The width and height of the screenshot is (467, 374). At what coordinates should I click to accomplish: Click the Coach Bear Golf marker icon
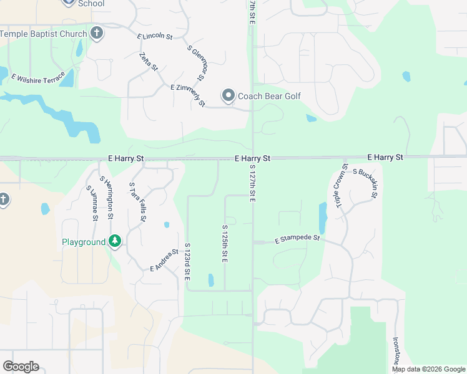pos(229,96)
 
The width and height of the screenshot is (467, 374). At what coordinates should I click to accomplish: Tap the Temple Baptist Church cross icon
pos(96,33)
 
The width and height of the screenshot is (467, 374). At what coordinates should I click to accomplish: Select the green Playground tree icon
pos(114,241)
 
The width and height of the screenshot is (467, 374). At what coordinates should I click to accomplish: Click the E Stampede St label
pos(297,239)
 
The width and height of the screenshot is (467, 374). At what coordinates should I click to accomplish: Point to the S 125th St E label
pos(224,244)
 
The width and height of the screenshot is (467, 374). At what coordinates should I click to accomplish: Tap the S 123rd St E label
pos(187,261)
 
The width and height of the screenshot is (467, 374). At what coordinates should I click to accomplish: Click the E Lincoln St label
pos(155,36)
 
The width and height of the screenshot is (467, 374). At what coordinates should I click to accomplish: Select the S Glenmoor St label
pos(195,62)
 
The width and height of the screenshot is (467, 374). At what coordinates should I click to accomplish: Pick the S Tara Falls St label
pos(137,202)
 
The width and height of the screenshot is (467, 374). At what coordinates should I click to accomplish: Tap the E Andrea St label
pos(164,260)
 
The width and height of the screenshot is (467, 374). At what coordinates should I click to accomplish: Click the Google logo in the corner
pos(21,367)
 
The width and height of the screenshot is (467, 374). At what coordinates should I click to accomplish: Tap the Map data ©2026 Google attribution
pos(428,369)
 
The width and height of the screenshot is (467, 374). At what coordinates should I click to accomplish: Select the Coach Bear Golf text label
pos(269,96)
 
